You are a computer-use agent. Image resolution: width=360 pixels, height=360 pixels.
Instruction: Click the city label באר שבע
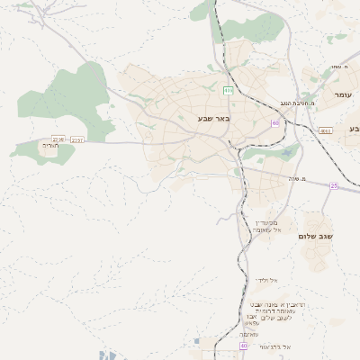click(x=214, y=118)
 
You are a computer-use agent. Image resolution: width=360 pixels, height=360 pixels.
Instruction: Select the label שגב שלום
click(x=316, y=236)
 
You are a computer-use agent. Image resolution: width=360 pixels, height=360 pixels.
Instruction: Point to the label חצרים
click(x=49, y=145)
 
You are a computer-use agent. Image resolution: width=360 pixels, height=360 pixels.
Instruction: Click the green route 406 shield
click(x=229, y=90)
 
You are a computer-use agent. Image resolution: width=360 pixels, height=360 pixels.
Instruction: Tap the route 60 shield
click(x=275, y=123)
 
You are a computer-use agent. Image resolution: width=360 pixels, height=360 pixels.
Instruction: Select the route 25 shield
click(x=334, y=185)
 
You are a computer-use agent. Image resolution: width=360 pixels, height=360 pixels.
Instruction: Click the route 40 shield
click(x=244, y=346)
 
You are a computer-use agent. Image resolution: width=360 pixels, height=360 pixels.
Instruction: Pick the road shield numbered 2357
click(x=77, y=139)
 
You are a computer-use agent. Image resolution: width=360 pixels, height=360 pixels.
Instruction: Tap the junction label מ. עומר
click(x=338, y=67)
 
